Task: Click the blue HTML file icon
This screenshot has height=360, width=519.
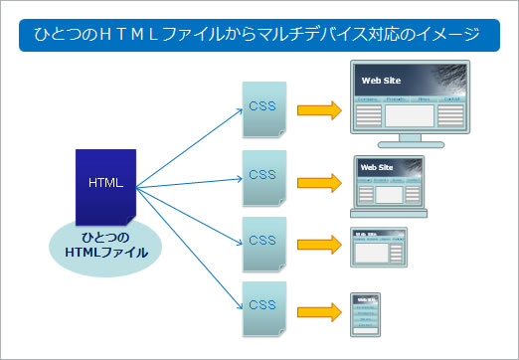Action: pyautogui.click(x=105, y=186)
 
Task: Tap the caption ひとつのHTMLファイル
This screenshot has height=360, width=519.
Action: pyautogui.click(x=105, y=245)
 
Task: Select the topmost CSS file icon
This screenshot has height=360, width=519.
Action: pyautogui.click(x=263, y=106)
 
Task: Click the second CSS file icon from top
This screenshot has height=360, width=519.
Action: pyautogui.click(x=263, y=174)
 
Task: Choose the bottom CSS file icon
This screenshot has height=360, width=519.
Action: pyautogui.click(x=263, y=303)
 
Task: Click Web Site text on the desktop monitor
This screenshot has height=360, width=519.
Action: pyautogui.click(x=380, y=81)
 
